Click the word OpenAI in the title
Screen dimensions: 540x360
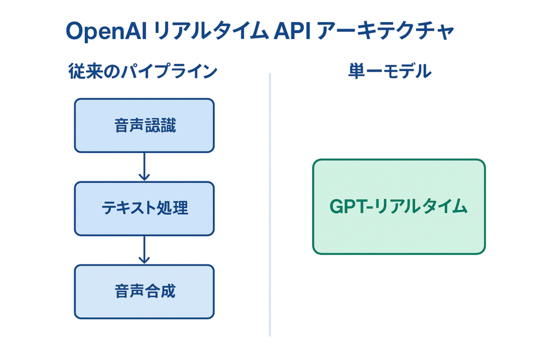[x=107, y=31]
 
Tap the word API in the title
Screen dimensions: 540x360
[x=292, y=31]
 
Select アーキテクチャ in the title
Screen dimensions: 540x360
[x=385, y=31]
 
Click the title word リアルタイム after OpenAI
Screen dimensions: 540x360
[x=210, y=31]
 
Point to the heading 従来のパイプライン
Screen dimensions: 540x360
[x=143, y=71]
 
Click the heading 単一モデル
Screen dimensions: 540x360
[x=390, y=71]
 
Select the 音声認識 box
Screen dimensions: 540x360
[x=144, y=125]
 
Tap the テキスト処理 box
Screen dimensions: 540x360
[x=144, y=209]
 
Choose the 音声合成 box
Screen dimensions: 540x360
[x=144, y=292]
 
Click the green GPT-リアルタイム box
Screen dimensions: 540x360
[x=399, y=207]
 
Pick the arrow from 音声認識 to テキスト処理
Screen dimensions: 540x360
[x=144, y=167]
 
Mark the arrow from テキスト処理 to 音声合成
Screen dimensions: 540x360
[x=144, y=250]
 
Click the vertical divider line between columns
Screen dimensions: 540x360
[x=270, y=205]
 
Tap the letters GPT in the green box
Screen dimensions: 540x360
[x=349, y=207]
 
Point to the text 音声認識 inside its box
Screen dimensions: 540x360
[x=145, y=125]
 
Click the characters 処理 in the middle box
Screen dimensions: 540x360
[x=172, y=208]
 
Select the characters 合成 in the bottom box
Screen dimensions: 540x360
[x=160, y=291]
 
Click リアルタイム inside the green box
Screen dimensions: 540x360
[x=421, y=207]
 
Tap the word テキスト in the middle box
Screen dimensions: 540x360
[x=129, y=208]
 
